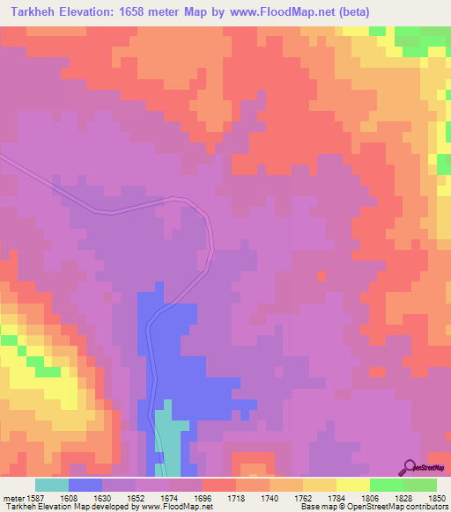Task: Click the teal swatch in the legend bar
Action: pos(52,485)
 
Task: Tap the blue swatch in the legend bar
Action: pos(85,485)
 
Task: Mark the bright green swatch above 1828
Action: pos(386,485)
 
